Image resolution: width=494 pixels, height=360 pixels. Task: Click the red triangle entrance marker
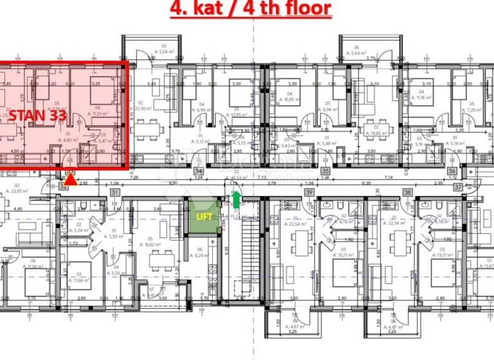point(71,180)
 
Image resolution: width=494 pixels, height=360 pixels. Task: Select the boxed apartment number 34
point(199,172)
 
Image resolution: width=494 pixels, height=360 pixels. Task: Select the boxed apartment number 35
point(325,172)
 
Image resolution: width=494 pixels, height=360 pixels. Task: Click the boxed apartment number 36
point(452,172)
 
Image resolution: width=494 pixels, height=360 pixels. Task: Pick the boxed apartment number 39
point(309,192)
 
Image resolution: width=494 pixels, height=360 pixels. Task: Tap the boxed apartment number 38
point(407,192)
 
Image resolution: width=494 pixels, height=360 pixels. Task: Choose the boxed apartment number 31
point(115,192)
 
